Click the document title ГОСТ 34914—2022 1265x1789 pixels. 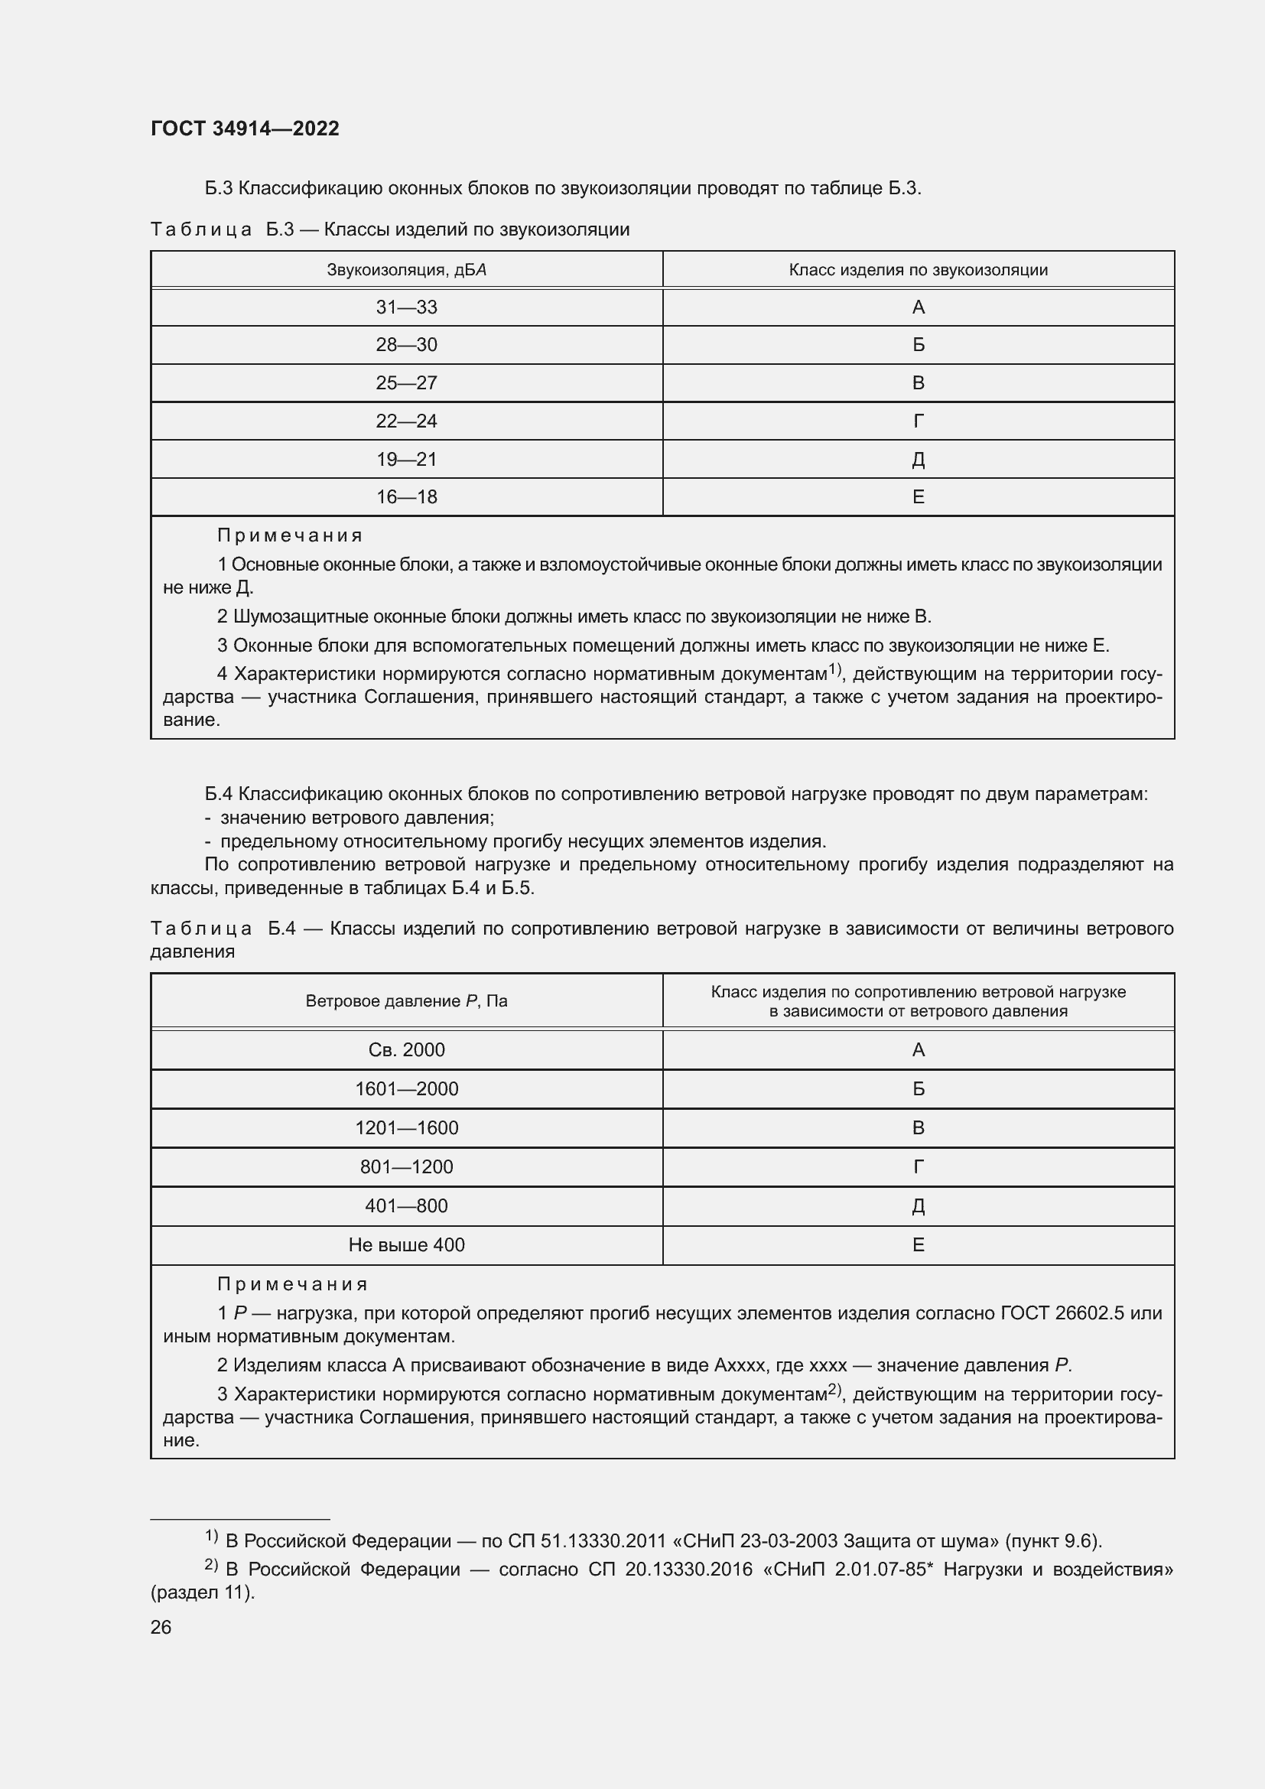tap(245, 128)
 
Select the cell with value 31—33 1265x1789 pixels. tap(407, 307)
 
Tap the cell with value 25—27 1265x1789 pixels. tap(407, 382)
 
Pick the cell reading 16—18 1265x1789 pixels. tap(407, 496)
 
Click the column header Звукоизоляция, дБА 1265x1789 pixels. tap(407, 269)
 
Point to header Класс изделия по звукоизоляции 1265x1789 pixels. tap(918, 269)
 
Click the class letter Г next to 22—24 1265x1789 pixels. tap(918, 421)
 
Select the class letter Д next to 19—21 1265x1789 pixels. tap(918, 459)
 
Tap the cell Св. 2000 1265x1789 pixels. tap(407, 1049)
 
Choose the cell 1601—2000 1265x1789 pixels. tap(407, 1088)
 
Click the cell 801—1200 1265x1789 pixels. tap(407, 1166)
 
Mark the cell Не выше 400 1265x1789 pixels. tap(407, 1244)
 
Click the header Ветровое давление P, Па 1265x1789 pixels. tap(407, 1001)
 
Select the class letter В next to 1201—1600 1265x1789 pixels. tap(918, 1127)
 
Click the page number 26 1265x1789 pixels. tap(161, 1628)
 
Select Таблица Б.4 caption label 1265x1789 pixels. tap(223, 928)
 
